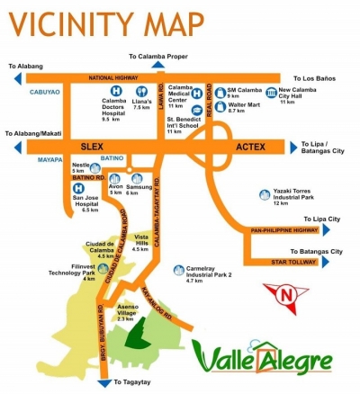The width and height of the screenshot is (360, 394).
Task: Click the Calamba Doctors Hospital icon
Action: [x=115, y=91]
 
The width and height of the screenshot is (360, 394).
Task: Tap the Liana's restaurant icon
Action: [x=141, y=91]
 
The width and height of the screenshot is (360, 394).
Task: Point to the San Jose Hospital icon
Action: [x=67, y=191]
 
